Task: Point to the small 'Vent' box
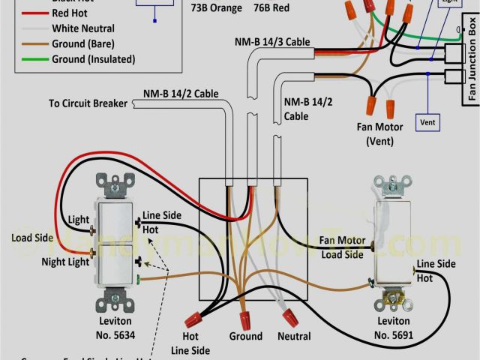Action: tap(427, 121)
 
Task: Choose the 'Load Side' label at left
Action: tap(32, 238)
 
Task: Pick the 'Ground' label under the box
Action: tap(246, 337)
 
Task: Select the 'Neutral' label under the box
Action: tap(294, 337)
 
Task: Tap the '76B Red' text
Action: tap(271, 8)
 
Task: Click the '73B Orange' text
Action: tap(217, 8)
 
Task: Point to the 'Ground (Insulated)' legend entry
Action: tap(93, 59)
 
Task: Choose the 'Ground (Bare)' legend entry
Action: tap(83, 44)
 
